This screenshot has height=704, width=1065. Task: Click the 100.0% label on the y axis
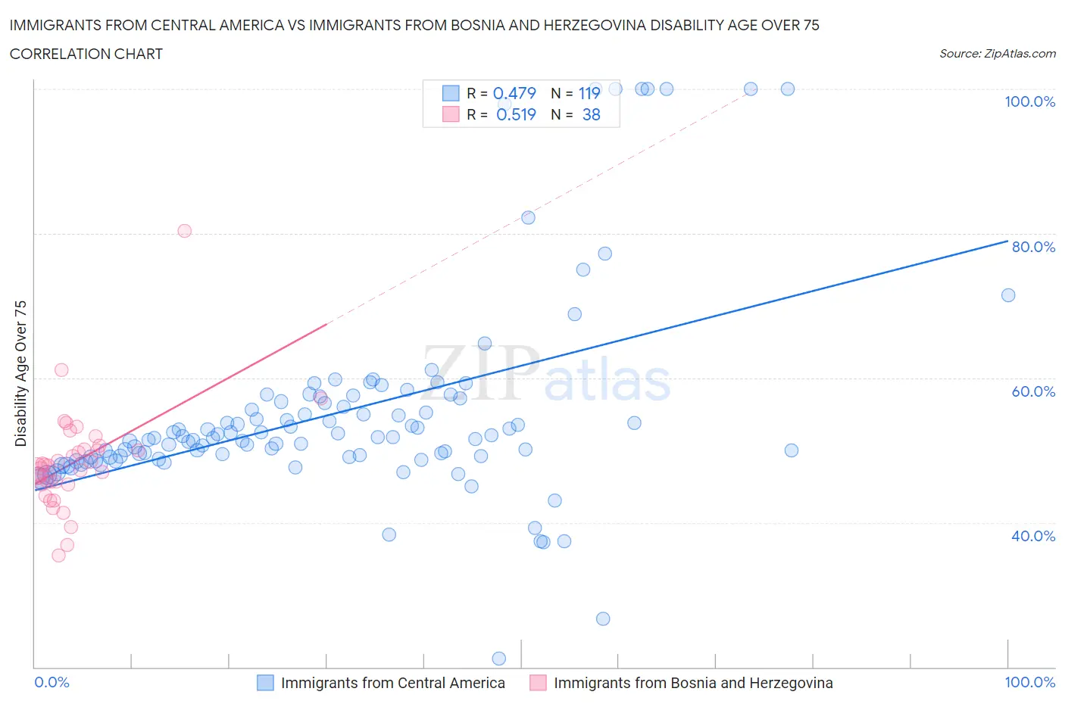tap(1029, 101)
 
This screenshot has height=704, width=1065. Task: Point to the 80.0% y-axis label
tap(1033, 247)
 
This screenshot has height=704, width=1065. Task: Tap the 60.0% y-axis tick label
tap(1033, 391)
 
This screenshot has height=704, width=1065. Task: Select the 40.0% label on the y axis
tap(1033, 536)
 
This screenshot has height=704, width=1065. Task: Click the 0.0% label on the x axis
tap(52, 682)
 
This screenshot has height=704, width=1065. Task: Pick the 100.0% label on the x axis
tap(1029, 682)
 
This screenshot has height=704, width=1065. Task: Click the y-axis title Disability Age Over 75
tap(21, 373)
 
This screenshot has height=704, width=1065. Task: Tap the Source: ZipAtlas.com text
tap(997, 53)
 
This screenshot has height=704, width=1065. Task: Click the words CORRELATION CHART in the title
tap(86, 54)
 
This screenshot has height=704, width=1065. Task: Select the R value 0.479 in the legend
tap(514, 93)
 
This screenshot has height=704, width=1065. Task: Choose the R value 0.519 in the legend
tap(516, 114)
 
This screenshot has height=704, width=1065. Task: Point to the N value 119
tap(589, 93)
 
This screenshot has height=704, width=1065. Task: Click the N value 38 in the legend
tap(592, 114)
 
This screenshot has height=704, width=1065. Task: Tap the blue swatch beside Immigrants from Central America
tap(265, 683)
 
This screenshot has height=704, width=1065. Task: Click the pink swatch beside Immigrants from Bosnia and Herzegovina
tap(538, 683)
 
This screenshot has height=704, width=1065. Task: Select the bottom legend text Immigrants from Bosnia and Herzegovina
tap(693, 683)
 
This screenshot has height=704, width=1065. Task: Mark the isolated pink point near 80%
tap(184, 231)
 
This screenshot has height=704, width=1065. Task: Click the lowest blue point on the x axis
tap(499, 659)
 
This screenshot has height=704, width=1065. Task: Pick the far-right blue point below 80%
tap(1008, 295)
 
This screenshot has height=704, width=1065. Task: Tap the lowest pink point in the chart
tap(58, 555)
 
